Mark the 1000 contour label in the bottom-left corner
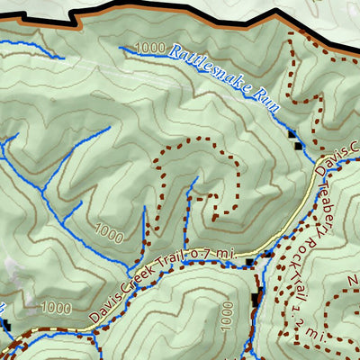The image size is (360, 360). point(56,308)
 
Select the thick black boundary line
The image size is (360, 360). point(180,7)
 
